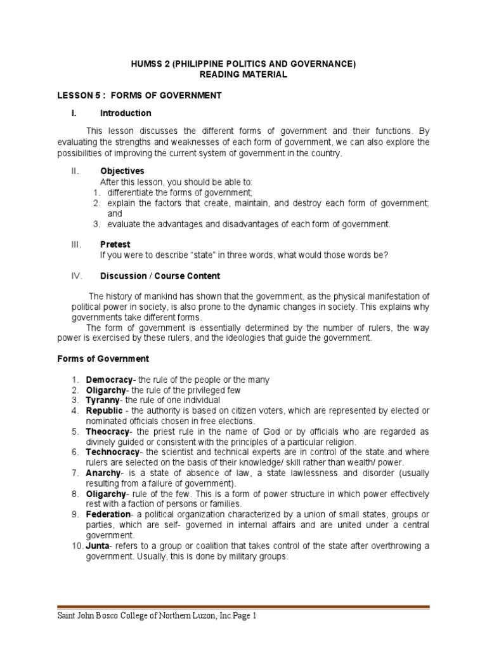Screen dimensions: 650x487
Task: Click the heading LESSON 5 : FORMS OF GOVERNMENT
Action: click(x=139, y=95)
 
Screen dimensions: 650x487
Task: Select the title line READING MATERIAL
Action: click(x=243, y=74)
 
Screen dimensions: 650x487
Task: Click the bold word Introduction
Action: click(x=126, y=113)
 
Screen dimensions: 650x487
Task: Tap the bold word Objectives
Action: click(x=122, y=171)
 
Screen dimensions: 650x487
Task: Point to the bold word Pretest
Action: click(x=115, y=243)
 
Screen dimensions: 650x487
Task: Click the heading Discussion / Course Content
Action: click(x=160, y=276)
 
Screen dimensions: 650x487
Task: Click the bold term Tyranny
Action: click(x=102, y=401)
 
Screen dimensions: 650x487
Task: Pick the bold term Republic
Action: click(x=103, y=411)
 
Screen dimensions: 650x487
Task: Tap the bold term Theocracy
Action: click(x=107, y=432)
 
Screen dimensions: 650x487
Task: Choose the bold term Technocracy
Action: click(x=112, y=452)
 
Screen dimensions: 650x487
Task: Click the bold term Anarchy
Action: click(x=102, y=473)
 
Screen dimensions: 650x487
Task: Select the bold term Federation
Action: click(x=108, y=514)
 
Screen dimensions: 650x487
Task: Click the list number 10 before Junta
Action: click(x=75, y=545)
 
